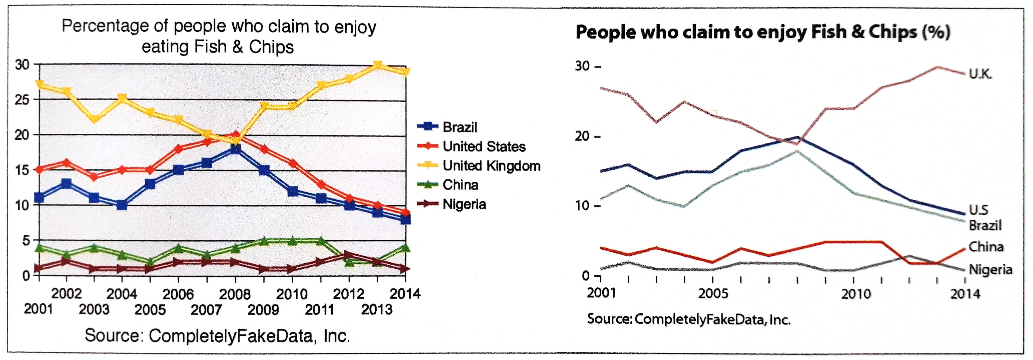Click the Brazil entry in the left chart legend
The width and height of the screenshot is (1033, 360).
coord(460,127)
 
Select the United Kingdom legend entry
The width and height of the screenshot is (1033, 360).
coord(491,166)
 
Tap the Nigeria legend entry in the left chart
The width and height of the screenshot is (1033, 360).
coord(464,204)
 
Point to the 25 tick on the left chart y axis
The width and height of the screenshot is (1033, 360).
coord(22,99)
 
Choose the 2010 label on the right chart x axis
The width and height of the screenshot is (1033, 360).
coord(856,294)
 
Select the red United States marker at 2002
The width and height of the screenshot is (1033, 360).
coord(67,163)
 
